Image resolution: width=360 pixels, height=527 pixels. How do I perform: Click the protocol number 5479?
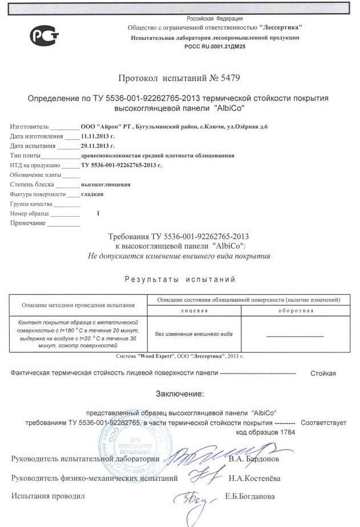[237, 78]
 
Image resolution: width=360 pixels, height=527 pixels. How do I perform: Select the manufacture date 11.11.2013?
[98, 136]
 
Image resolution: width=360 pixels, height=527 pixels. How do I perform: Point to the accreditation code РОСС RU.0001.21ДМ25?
[215, 46]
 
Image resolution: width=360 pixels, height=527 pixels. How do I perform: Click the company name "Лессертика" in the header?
[280, 27]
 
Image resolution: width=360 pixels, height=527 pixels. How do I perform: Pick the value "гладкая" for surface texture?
[92, 194]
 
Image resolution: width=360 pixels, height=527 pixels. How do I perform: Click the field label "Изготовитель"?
[30, 127]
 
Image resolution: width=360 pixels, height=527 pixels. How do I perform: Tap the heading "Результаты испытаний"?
[180, 279]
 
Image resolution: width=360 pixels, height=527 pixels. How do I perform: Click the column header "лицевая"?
[194, 310]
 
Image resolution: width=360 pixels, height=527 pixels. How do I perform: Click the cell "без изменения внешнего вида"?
[194, 334]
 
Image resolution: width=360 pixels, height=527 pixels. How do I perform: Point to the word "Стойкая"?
[323, 373]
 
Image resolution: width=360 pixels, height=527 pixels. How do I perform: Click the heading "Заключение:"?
[180, 394]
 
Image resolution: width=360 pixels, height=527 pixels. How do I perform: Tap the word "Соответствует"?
[323, 423]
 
